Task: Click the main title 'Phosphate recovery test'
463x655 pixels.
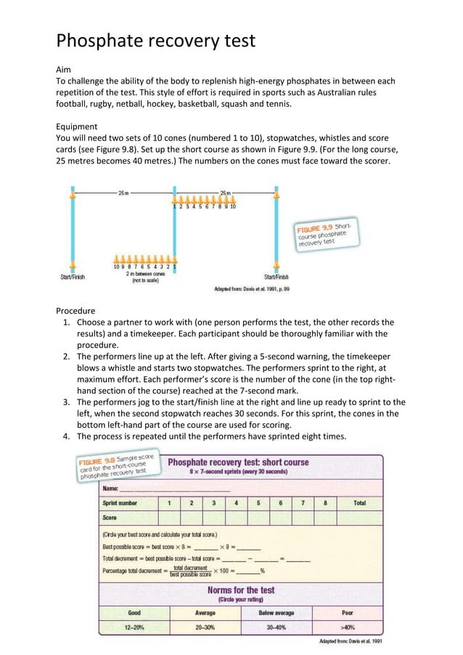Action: tap(156, 40)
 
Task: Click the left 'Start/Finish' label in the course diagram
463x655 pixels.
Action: tap(73, 277)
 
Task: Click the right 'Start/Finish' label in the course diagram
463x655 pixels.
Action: tap(276, 277)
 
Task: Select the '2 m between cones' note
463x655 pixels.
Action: tap(144, 274)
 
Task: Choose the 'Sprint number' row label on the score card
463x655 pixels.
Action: tap(120, 503)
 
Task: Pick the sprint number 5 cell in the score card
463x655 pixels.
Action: tap(258, 503)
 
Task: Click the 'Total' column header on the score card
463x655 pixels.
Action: tap(359, 503)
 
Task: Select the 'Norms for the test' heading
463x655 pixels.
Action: tap(240, 590)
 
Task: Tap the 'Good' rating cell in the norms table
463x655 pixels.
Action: tap(134, 613)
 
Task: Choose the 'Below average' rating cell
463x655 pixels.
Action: tap(276, 613)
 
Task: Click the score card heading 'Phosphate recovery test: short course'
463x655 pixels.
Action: tap(238, 462)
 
